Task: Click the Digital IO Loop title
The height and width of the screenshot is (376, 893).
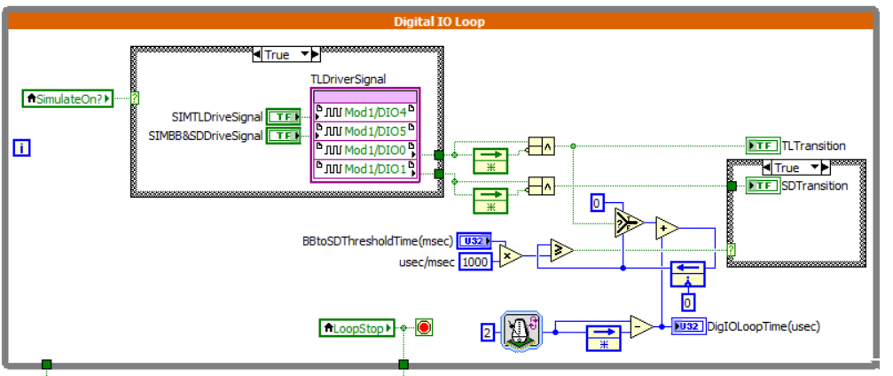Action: point(440,20)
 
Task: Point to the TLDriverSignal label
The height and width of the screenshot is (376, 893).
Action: point(348,79)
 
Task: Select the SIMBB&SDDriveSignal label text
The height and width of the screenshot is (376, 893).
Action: point(206,136)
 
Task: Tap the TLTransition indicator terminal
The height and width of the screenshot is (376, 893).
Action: point(762,145)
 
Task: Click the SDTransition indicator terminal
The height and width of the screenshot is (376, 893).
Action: point(762,185)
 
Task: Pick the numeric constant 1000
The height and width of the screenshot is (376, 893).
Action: point(476,262)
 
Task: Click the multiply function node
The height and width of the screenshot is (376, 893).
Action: point(510,256)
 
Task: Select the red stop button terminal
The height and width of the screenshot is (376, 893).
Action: point(424,328)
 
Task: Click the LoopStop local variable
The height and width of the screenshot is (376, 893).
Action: point(355,328)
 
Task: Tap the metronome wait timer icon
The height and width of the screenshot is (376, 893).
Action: point(521,330)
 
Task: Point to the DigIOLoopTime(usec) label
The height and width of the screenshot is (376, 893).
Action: point(763,326)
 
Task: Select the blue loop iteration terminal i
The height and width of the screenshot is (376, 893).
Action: point(22,147)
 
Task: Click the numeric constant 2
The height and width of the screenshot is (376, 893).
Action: point(487,333)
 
